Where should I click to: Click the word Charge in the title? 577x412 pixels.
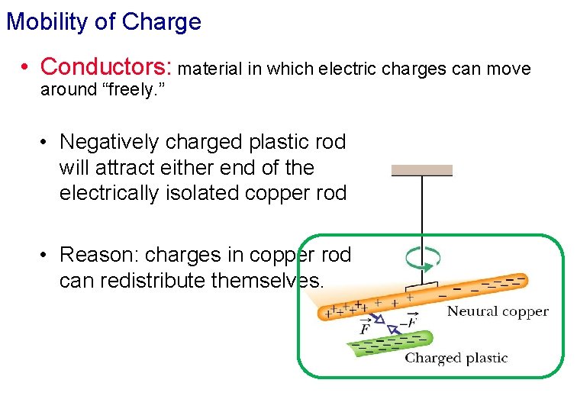(162, 22)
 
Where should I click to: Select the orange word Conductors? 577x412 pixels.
(106, 67)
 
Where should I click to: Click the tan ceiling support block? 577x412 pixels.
(422, 170)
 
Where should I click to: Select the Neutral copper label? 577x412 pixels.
(498, 311)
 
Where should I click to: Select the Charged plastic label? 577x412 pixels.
(456, 358)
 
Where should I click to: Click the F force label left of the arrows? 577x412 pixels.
(365, 328)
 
